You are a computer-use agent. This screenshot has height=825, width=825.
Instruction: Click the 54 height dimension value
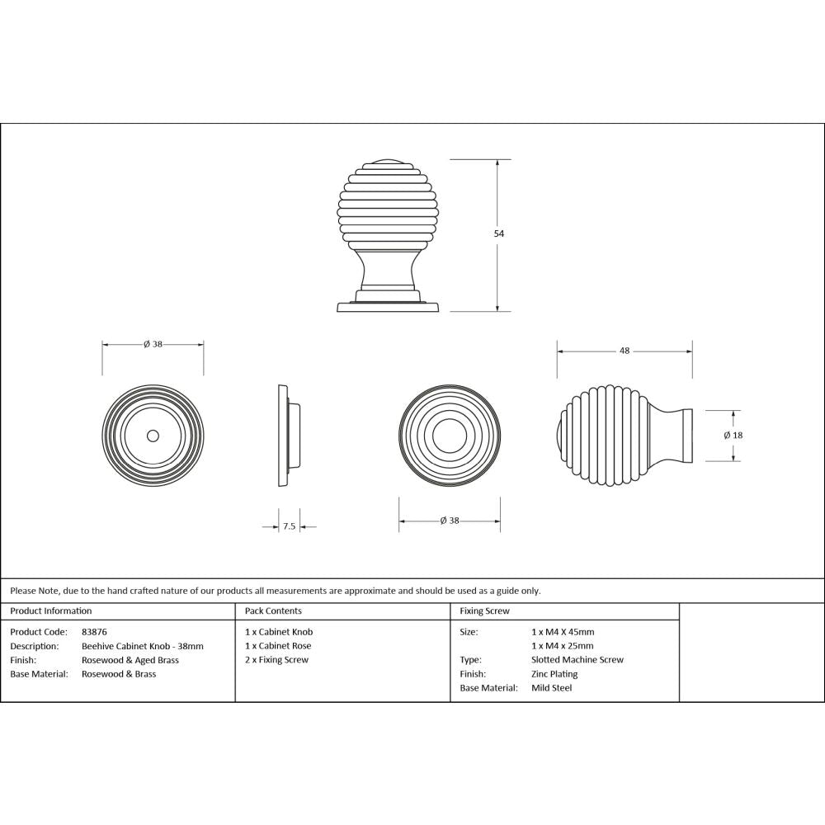pos(498,233)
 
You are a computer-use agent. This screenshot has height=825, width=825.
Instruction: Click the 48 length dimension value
pos(625,351)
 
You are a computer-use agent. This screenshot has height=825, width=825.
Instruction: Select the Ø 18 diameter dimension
pos(733,435)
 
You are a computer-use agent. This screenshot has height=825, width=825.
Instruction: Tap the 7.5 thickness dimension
pos(289,526)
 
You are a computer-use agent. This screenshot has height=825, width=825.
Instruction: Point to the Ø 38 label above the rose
pos(153,344)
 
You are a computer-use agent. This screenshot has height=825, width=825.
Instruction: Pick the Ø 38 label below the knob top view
pos(450,521)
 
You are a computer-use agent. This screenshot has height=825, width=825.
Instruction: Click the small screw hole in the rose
pos(153,435)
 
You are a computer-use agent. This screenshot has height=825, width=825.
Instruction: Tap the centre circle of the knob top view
pos(450,435)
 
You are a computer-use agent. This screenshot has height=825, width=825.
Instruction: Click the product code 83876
pos(95,632)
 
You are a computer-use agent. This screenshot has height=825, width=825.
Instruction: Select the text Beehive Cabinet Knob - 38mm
pos(142,646)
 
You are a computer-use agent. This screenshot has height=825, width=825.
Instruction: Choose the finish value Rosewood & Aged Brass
pos(130,660)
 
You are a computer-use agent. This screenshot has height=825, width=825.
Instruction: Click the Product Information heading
pos(51,611)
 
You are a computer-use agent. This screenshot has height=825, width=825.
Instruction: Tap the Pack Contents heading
pos(273,611)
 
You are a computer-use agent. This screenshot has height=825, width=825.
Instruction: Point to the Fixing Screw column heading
pos(484,611)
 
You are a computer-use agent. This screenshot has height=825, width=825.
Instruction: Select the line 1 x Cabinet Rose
pos(278,646)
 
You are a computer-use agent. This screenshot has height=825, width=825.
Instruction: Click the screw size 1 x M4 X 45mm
pos(563,632)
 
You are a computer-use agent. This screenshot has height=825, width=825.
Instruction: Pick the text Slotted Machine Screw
pos(577,660)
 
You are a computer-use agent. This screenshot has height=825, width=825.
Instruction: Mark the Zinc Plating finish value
pos(554,674)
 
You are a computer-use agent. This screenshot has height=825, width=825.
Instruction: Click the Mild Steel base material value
pos(551,688)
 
